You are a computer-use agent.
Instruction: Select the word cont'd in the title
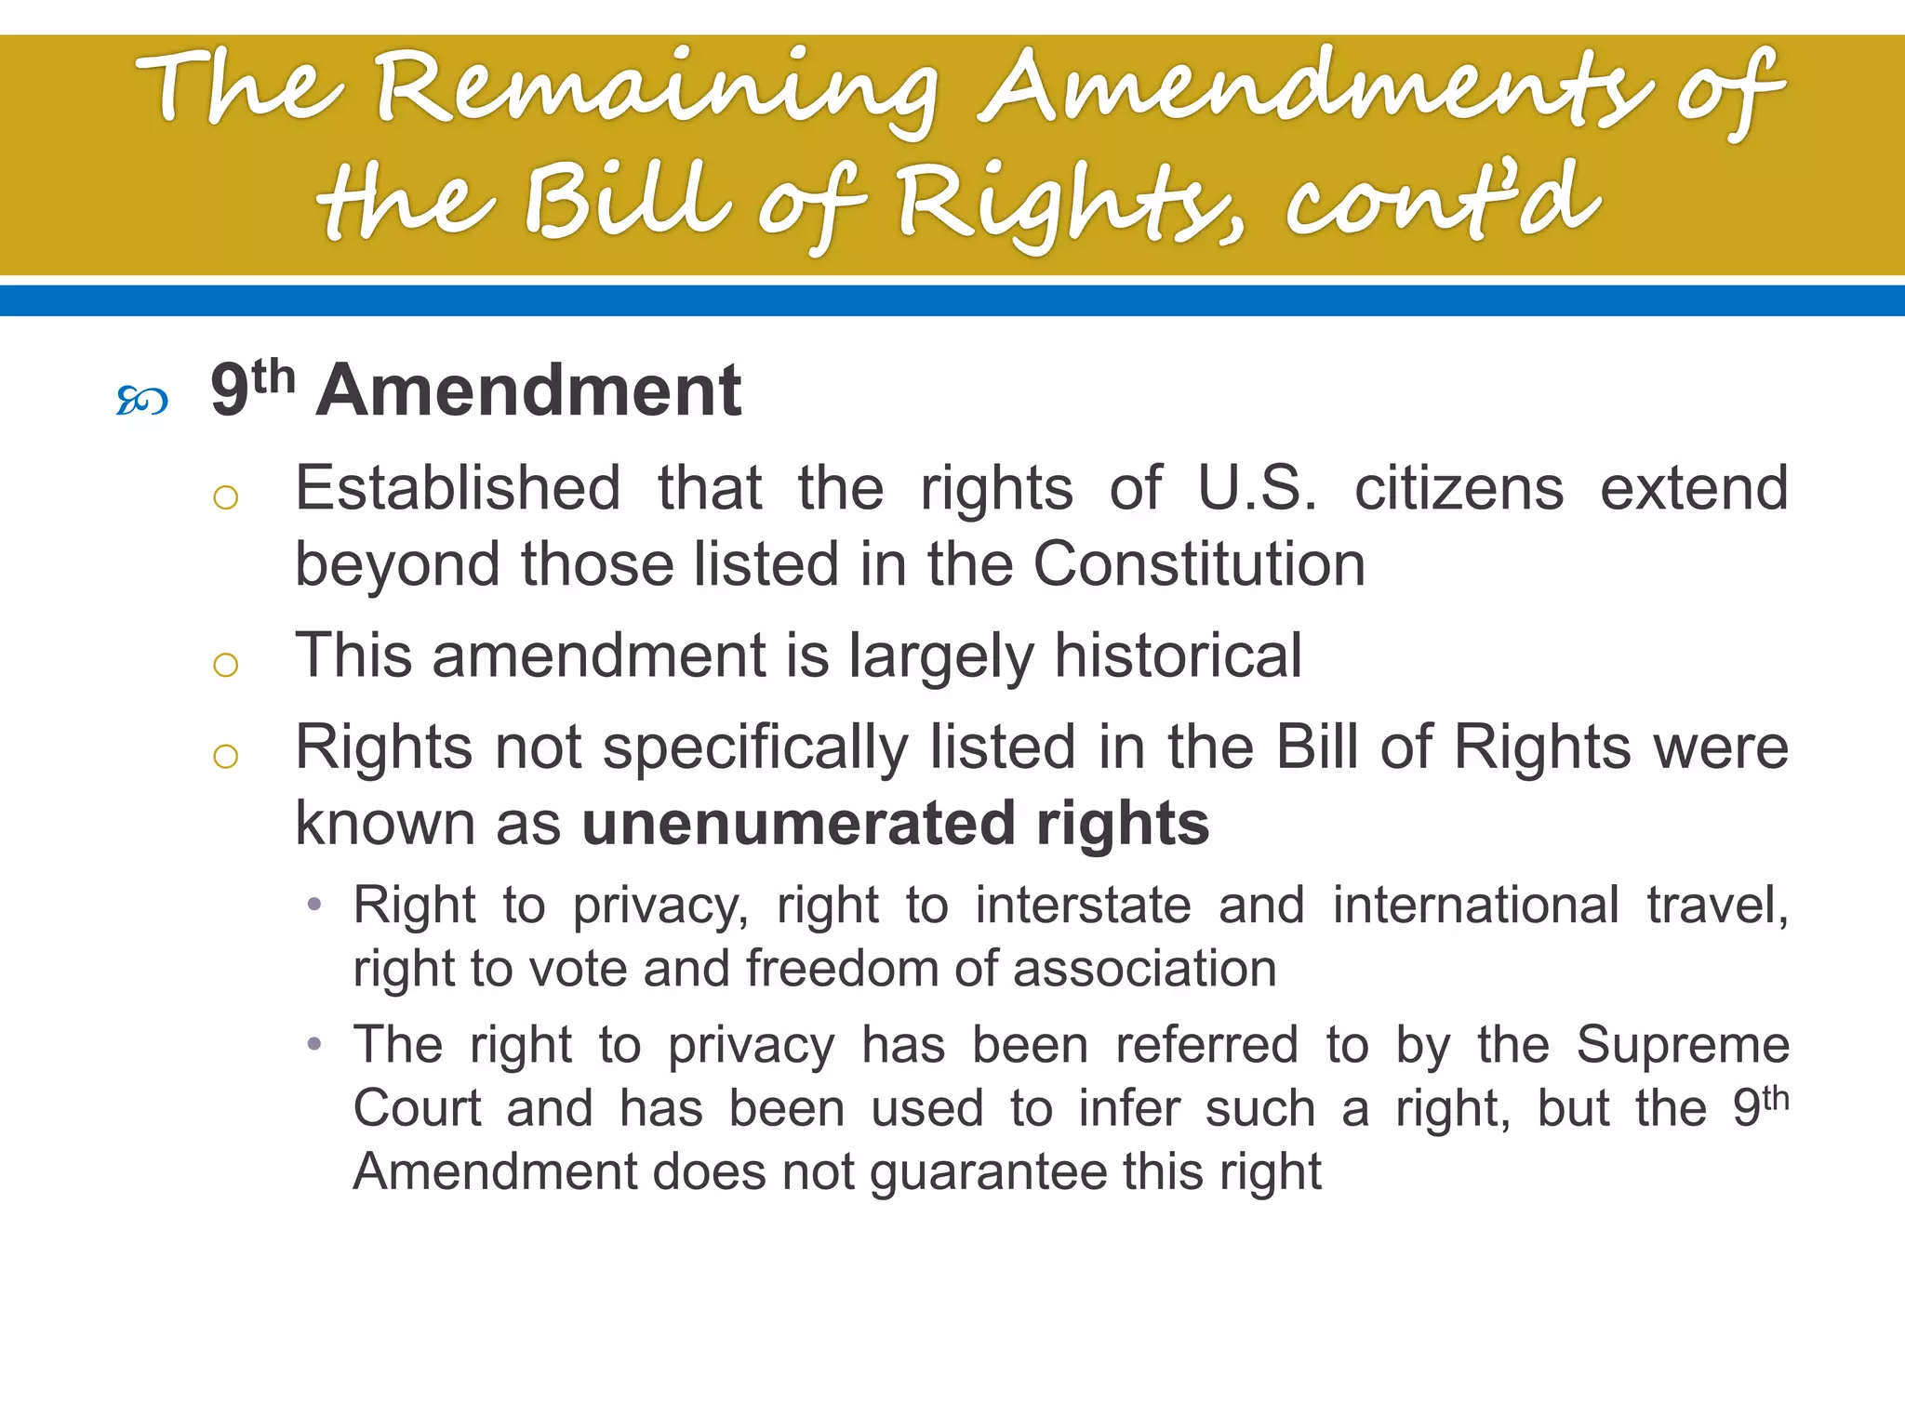(1443, 200)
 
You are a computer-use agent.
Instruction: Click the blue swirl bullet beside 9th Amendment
(141, 401)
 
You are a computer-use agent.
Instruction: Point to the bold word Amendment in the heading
(528, 390)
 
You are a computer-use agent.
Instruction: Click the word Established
(458, 488)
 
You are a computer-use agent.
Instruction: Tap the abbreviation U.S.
(1258, 488)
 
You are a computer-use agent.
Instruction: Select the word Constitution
(1199, 564)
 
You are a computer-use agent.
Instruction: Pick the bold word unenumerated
(799, 824)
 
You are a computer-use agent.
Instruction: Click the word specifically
(756, 748)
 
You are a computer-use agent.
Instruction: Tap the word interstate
(1083, 906)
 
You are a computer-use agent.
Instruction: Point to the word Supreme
(1683, 1045)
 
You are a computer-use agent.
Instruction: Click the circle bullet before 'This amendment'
(226, 665)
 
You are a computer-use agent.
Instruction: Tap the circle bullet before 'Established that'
(226, 498)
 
